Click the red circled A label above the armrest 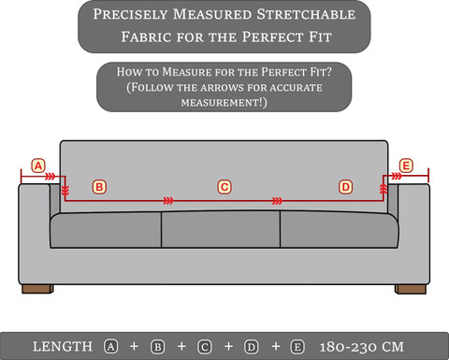pyautogui.click(x=38, y=166)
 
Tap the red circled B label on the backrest pyautogui.click(x=99, y=187)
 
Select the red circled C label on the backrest pyautogui.click(x=224, y=187)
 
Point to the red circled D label pyautogui.click(x=345, y=187)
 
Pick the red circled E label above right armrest pyautogui.click(x=406, y=166)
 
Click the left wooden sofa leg pyautogui.click(x=37, y=289)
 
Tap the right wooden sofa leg pyautogui.click(x=411, y=289)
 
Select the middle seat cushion pyautogui.click(x=221, y=229)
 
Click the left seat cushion pyautogui.click(x=106, y=230)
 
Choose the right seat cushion pyautogui.click(x=340, y=230)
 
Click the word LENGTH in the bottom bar pyautogui.click(x=63, y=347)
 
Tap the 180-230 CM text pyautogui.click(x=362, y=347)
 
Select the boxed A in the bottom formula pyautogui.click(x=110, y=347)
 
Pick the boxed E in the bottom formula pyautogui.click(x=297, y=347)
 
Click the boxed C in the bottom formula pyautogui.click(x=205, y=347)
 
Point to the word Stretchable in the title pyautogui.click(x=306, y=14)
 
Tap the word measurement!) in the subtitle pyautogui.click(x=224, y=103)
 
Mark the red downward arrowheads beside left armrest pyautogui.click(x=65, y=191)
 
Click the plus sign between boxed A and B pyautogui.click(x=134, y=346)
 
